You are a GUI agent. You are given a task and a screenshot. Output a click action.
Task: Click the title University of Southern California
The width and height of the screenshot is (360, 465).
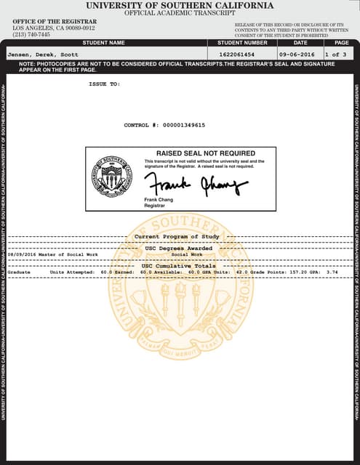[x=180, y=5]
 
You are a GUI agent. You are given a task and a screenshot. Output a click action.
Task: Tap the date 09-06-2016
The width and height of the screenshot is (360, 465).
[x=297, y=54]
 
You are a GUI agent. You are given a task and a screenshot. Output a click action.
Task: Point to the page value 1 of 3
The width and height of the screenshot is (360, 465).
[x=337, y=54]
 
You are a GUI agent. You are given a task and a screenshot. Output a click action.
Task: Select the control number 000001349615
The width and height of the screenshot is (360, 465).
[x=178, y=125]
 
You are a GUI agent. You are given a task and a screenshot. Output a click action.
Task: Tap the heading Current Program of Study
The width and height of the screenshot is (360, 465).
[x=176, y=237]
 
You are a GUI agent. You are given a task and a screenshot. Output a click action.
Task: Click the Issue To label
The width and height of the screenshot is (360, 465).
[x=103, y=84]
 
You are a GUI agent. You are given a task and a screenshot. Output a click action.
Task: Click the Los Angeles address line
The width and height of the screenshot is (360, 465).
[x=47, y=28]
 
